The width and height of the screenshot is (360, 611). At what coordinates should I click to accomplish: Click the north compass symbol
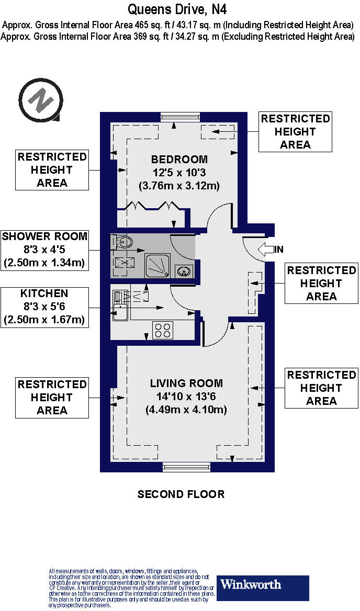[40, 100]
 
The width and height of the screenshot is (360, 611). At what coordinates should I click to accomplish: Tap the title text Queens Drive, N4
[177, 9]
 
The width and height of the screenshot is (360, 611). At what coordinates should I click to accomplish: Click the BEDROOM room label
[179, 160]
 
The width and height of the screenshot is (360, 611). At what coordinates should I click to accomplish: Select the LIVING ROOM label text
[186, 383]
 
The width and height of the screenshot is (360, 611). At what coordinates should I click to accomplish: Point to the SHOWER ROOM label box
[44, 250]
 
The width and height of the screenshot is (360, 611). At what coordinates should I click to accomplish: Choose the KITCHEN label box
[44, 307]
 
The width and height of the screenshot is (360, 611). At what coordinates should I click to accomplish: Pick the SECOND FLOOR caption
[181, 494]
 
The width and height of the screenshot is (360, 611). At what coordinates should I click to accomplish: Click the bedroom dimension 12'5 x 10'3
[179, 173]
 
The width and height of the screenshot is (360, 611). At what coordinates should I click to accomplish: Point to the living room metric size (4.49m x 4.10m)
[186, 410]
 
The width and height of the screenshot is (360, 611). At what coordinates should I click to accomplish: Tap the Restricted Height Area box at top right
[296, 132]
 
